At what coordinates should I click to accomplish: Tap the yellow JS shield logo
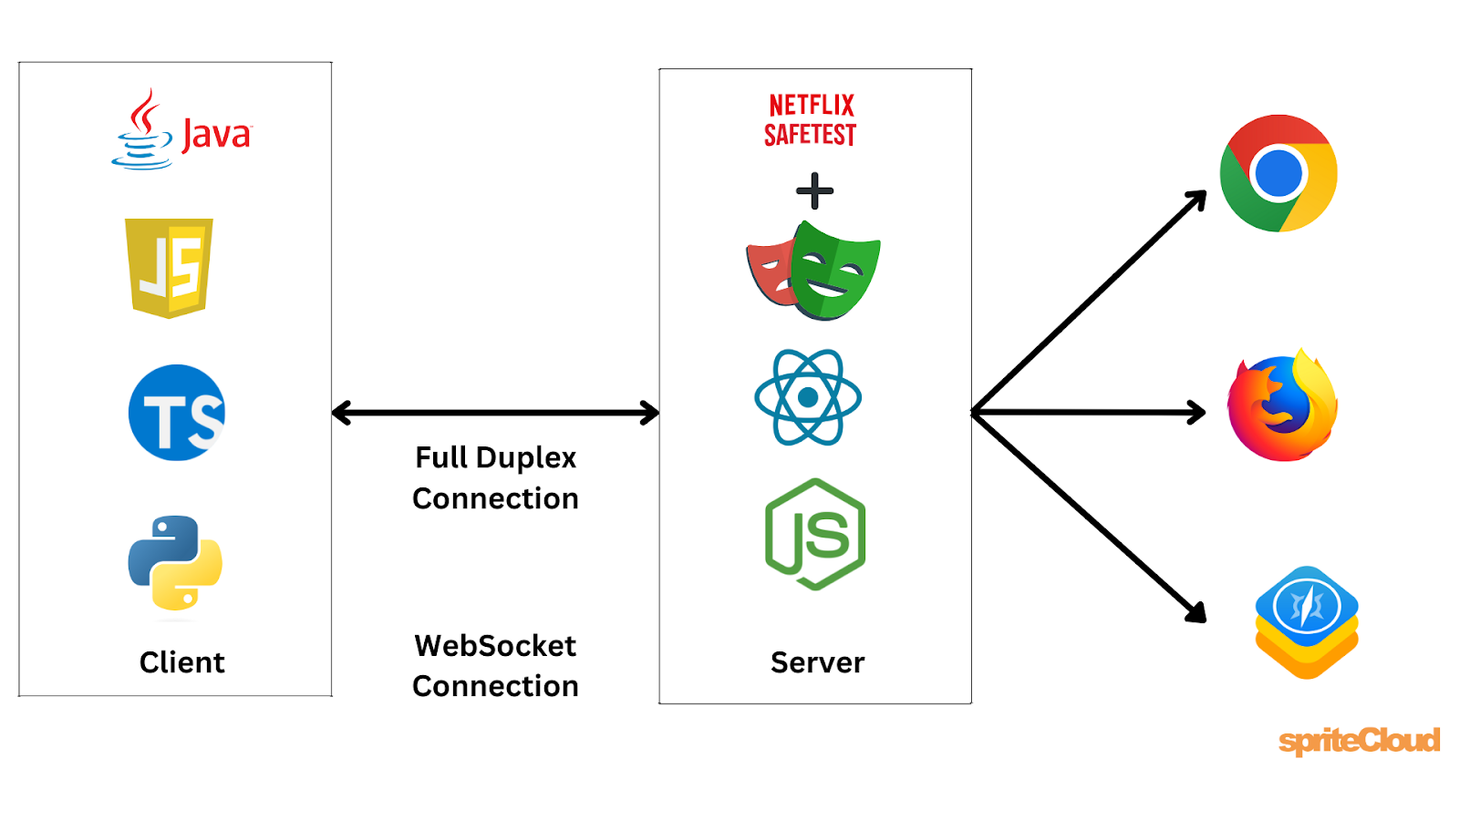pyautogui.click(x=169, y=267)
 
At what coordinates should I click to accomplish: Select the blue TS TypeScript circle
pyautogui.click(x=177, y=413)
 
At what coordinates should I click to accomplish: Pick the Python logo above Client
pyautogui.click(x=175, y=562)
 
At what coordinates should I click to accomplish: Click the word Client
pyautogui.click(x=181, y=662)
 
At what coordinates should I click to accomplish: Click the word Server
pyautogui.click(x=817, y=662)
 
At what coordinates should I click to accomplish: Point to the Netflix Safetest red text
pyautogui.click(x=810, y=119)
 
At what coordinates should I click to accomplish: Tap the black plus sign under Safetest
pyautogui.click(x=814, y=191)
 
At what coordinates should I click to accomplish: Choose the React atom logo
pyautogui.click(x=808, y=397)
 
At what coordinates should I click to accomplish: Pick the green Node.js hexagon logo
pyautogui.click(x=814, y=534)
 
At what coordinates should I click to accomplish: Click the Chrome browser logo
pyautogui.click(x=1278, y=173)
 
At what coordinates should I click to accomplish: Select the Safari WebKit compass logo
pyautogui.click(x=1307, y=620)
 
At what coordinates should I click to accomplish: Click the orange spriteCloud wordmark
pyautogui.click(x=1359, y=740)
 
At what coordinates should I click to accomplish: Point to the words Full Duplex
pyautogui.click(x=495, y=457)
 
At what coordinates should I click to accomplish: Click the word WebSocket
pyautogui.click(x=495, y=646)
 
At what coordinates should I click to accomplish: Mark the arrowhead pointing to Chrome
pyautogui.click(x=1198, y=199)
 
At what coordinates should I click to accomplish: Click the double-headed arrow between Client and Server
pyautogui.click(x=495, y=413)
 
